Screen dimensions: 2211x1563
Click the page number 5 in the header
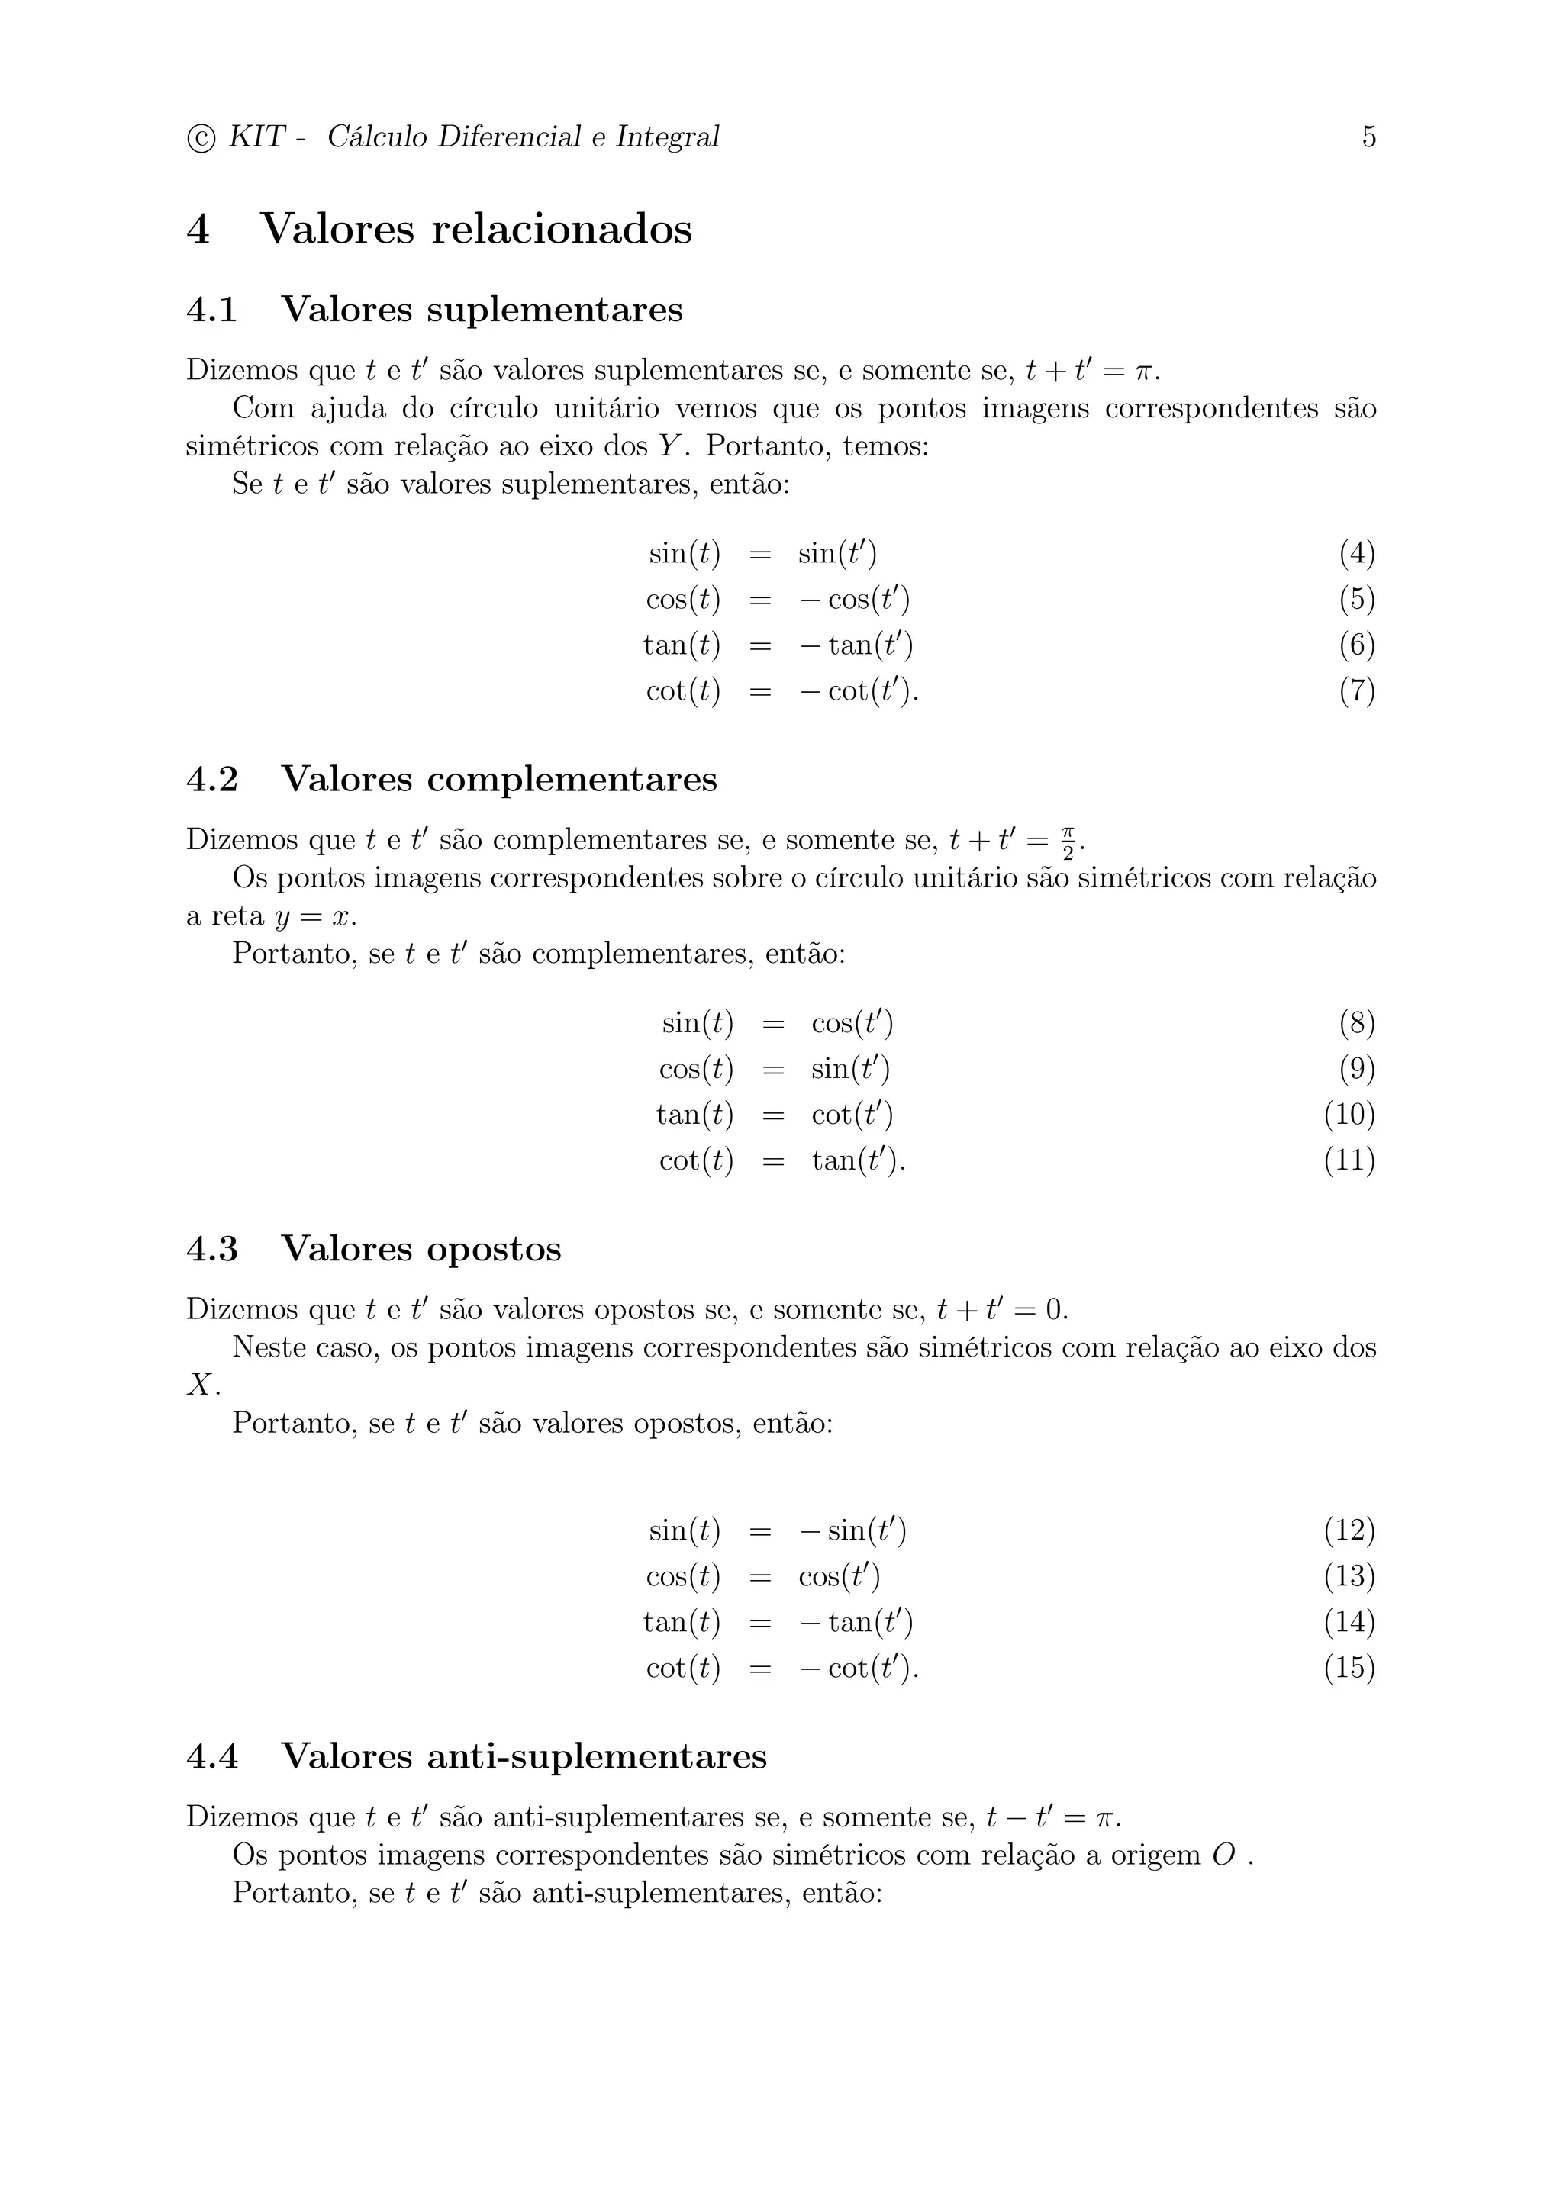1368,137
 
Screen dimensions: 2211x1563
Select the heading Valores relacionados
475,229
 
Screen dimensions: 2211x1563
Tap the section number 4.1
212,310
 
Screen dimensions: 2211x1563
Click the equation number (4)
1356,554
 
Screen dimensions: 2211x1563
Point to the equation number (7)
1356,691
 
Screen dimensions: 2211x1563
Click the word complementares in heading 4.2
572,779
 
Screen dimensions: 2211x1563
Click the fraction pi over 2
1067,841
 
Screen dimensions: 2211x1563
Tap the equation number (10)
1349,1115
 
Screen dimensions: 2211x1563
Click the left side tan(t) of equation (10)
694,1115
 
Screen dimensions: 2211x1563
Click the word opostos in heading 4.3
494,1249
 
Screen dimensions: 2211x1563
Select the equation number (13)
1349,1576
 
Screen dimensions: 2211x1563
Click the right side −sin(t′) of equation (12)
852,1531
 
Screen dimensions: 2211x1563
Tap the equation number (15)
1349,1668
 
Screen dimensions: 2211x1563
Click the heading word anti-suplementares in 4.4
596,1756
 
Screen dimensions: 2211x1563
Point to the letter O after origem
1223,1855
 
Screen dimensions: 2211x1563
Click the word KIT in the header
256,137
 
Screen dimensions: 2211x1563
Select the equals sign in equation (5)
760,600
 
